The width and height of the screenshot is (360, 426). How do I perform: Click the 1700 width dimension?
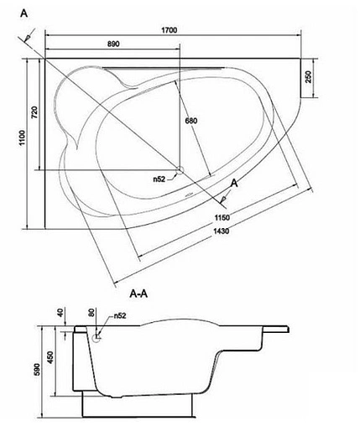[170, 30]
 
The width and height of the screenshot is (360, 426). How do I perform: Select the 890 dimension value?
[113, 44]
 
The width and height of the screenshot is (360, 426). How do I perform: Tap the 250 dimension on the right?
[308, 77]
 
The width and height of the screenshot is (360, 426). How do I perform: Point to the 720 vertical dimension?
[34, 112]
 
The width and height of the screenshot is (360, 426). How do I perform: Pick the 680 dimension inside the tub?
[191, 121]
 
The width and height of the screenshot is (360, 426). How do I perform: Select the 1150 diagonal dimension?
[222, 217]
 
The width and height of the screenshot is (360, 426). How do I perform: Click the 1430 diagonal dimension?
[221, 231]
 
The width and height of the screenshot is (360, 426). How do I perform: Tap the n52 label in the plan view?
[159, 179]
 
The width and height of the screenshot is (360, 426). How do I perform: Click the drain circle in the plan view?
[180, 169]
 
